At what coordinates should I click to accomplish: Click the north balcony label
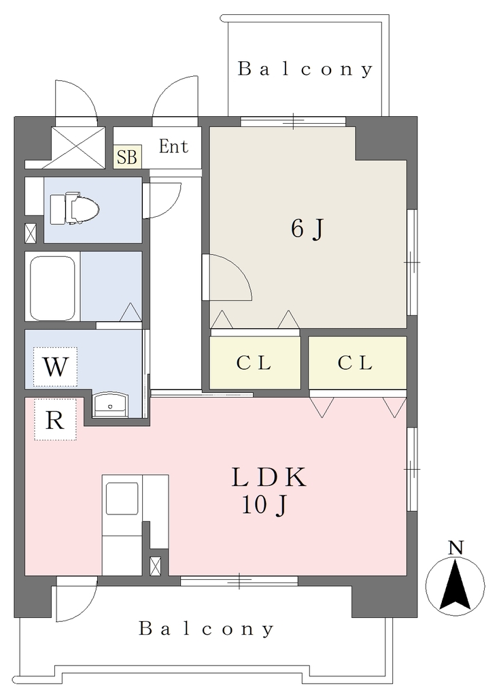(305, 69)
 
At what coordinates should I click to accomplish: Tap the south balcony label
(206, 629)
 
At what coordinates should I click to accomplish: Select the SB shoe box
(127, 157)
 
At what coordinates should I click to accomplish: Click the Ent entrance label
(173, 146)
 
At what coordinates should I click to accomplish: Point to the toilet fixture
(74, 208)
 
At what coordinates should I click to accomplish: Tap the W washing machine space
(56, 366)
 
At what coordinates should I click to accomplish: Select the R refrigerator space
(56, 419)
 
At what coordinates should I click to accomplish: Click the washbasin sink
(110, 404)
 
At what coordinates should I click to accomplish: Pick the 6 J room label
(308, 229)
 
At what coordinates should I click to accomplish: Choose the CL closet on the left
(255, 363)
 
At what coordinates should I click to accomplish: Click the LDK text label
(269, 478)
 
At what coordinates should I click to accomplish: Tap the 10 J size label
(264, 505)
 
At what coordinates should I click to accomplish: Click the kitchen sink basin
(122, 498)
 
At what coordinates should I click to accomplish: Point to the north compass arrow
(455, 585)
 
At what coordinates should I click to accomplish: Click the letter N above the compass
(455, 548)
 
